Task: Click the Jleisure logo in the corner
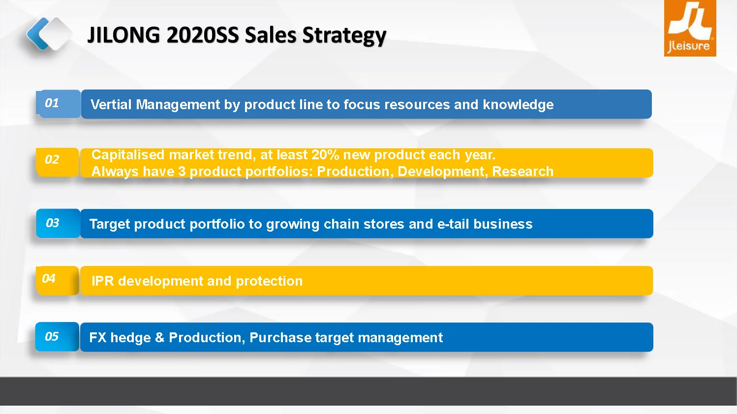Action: pyautogui.click(x=690, y=29)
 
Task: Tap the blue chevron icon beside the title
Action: pyautogui.click(x=37, y=33)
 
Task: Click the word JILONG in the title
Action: pyautogui.click(x=123, y=35)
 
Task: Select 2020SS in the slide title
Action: pyautogui.click(x=203, y=35)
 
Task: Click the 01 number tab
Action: pyautogui.click(x=58, y=104)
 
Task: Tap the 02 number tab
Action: pyautogui.click(x=58, y=162)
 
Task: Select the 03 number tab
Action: pyautogui.click(x=58, y=223)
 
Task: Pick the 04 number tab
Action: pyautogui.click(x=58, y=280)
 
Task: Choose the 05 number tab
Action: pyautogui.click(x=57, y=337)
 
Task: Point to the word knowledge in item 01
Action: pyautogui.click(x=518, y=105)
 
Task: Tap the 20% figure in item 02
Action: pyautogui.click(x=325, y=154)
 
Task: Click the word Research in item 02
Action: pyautogui.click(x=523, y=171)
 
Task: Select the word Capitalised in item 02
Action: pyautogui.click(x=127, y=155)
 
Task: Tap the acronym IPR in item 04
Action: pyautogui.click(x=103, y=281)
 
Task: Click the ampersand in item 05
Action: pyautogui.click(x=159, y=338)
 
